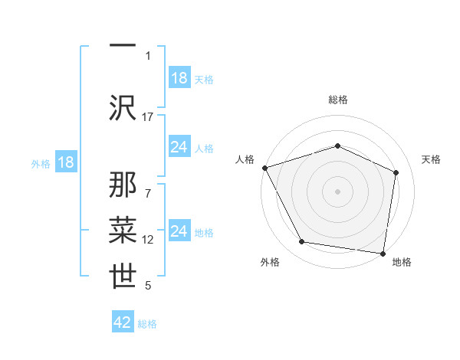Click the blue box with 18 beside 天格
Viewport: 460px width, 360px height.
pos(179,78)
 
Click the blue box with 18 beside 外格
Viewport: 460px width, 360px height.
pos(65,163)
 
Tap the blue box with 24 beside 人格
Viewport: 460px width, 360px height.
pos(179,147)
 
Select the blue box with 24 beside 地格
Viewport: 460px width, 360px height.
pos(179,231)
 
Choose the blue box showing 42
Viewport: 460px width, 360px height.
pos(123,322)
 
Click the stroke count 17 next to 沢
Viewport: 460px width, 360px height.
pos(148,117)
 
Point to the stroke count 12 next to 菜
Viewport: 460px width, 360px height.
pos(148,240)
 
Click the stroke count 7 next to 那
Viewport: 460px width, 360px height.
pos(148,185)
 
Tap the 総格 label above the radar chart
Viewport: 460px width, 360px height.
pos(337,100)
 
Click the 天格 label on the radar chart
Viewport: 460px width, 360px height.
pos(432,159)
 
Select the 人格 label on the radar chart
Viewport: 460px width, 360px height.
pos(245,159)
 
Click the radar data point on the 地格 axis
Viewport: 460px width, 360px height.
pos(383,253)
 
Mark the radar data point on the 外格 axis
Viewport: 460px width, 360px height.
pos(302,242)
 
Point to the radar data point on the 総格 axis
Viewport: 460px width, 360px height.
pos(337,146)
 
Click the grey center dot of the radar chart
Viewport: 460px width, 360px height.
pos(337,191)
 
